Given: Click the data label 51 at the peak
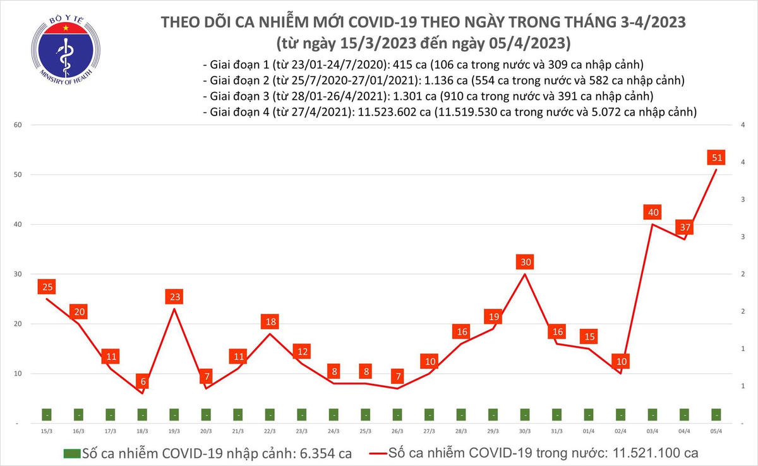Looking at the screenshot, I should click(x=717, y=157).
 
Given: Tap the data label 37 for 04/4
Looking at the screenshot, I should click(x=684, y=227).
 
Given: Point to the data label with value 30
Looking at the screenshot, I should click(x=524, y=262).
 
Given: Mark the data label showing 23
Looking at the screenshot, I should click(x=174, y=297).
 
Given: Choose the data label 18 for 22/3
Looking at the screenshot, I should click(x=270, y=321).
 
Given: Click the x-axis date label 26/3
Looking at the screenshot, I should click(x=397, y=431).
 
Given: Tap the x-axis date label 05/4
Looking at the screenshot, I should click(x=716, y=431).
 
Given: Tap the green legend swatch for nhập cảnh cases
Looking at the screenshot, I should click(x=72, y=453).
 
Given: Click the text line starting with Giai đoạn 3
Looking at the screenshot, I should click(x=428, y=97).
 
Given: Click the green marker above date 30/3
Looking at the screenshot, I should click(x=524, y=415).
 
